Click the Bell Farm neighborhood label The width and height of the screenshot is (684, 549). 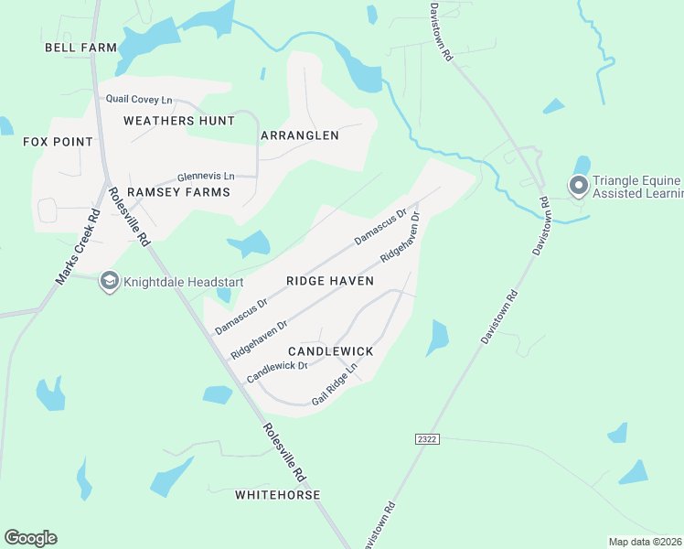pos(81,47)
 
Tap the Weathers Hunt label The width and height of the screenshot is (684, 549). pos(172,120)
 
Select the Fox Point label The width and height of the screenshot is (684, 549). pos(59,142)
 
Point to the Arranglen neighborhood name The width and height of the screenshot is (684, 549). pos(300,135)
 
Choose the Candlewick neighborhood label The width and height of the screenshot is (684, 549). pos(330,351)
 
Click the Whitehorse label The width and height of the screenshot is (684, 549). pos(278,495)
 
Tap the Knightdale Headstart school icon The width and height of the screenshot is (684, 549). pos(110,281)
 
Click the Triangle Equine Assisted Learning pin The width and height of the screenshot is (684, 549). pos(578,186)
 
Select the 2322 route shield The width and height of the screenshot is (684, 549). pos(426,439)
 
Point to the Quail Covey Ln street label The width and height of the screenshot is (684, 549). pos(139,99)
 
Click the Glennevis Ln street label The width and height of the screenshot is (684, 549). pos(206,176)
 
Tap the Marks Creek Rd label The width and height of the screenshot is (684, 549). pos(77,248)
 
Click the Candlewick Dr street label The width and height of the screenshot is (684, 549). pos(276,371)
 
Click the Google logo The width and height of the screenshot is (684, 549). pos(30,538)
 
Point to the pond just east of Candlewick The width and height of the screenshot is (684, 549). pos(437,338)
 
